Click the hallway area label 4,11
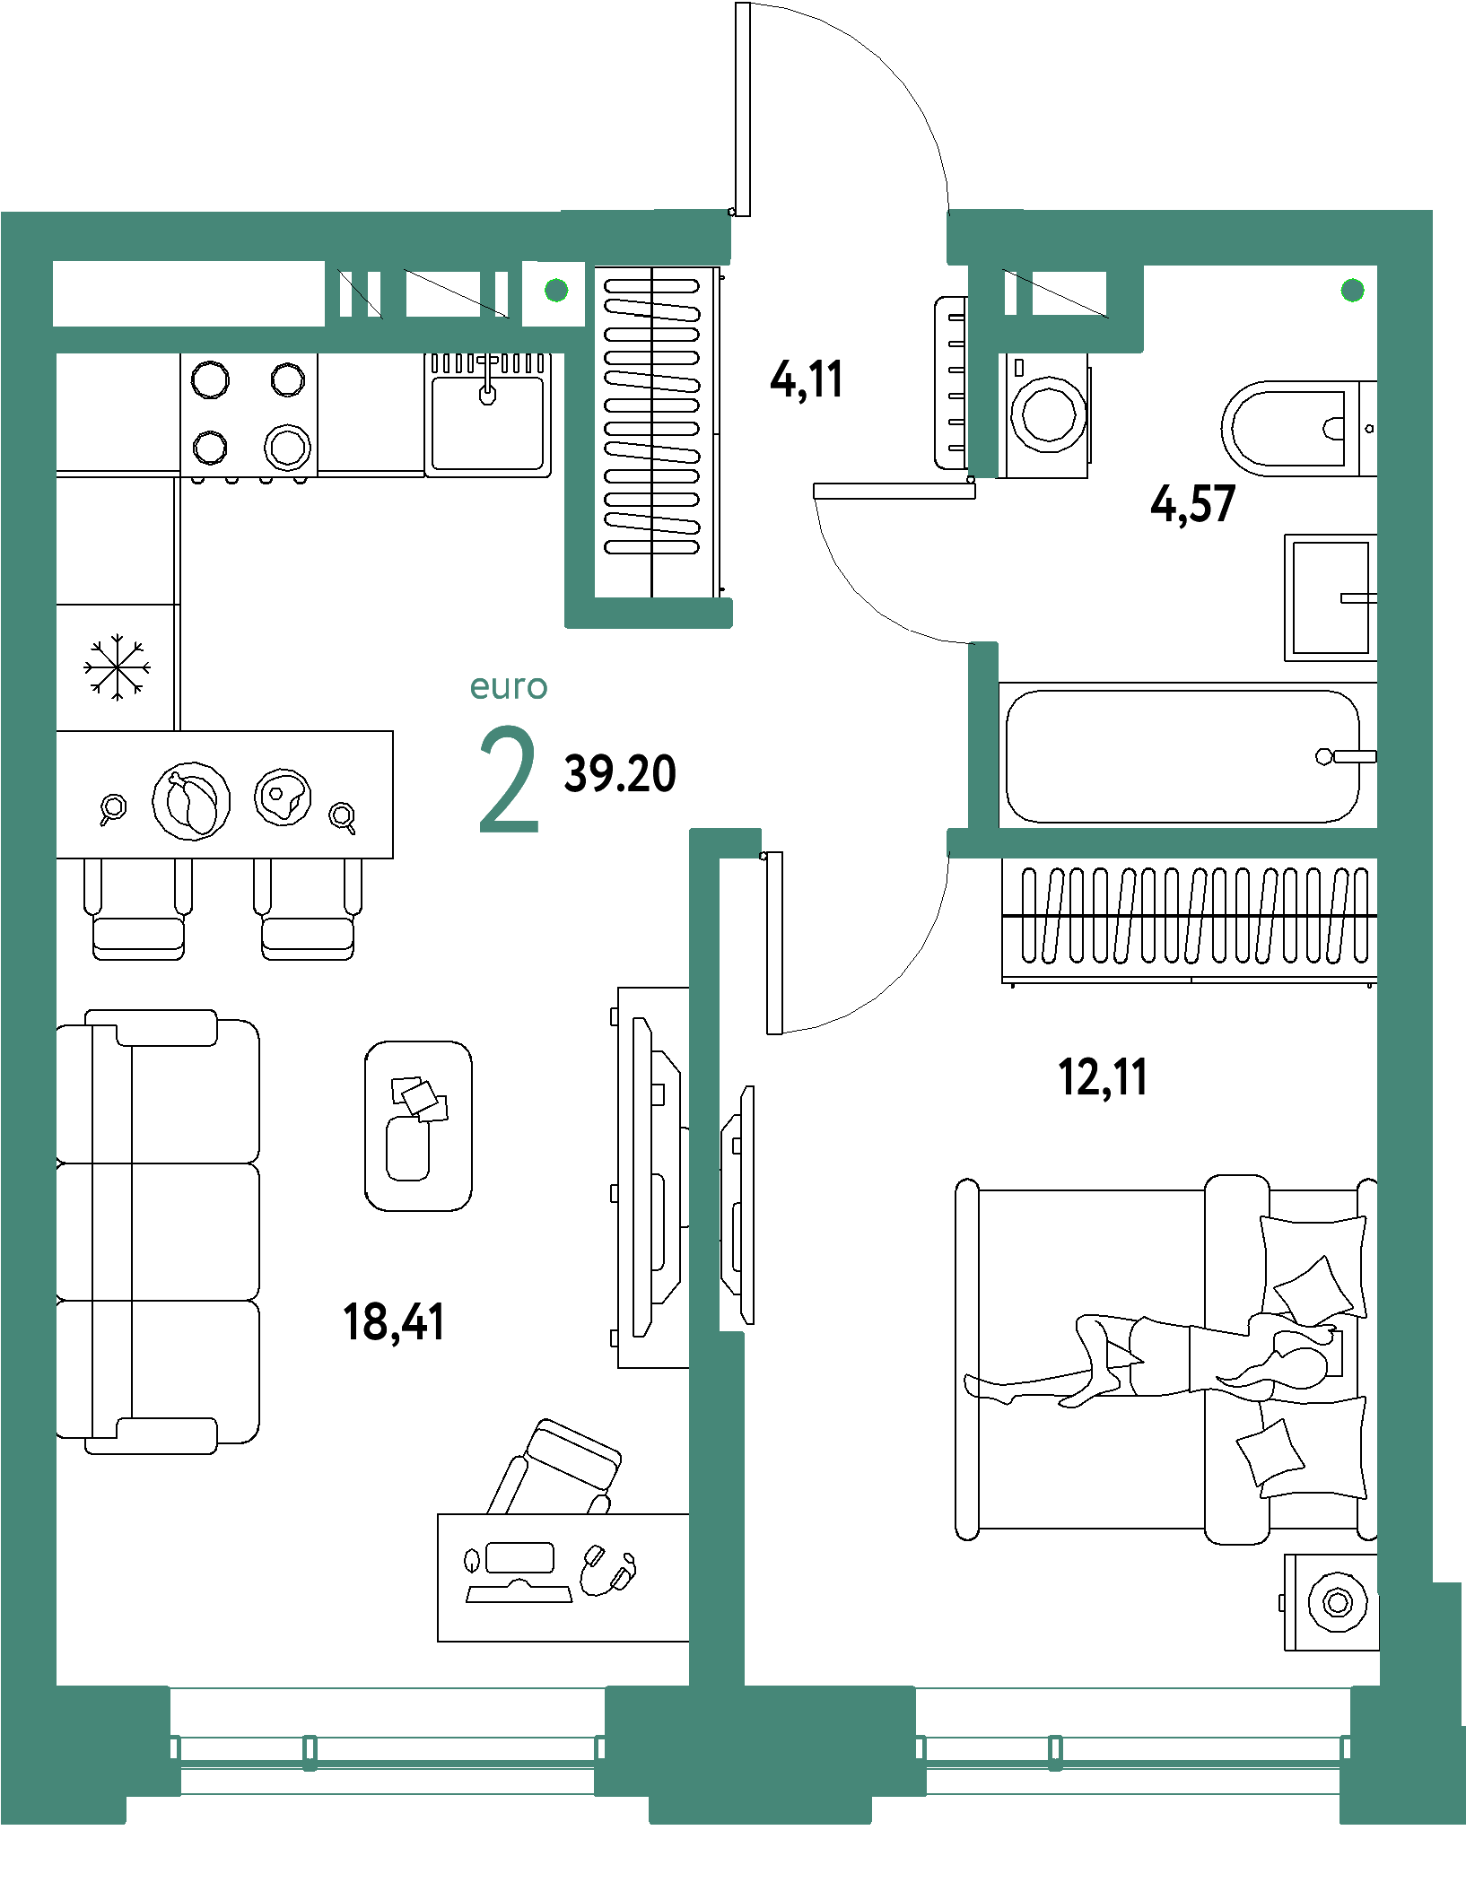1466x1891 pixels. pyautogui.click(x=807, y=379)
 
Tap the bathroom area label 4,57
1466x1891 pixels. pyautogui.click(x=1192, y=503)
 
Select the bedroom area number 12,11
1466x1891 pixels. pyautogui.click(x=1103, y=1076)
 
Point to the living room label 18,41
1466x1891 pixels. pyautogui.click(x=393, y=1322)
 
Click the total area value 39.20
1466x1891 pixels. pyautogui.click(x=620, y=773)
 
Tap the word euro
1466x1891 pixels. pyautogui.click(x=508, y=686)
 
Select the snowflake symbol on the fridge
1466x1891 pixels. pyautogui.click(x=117, y=667)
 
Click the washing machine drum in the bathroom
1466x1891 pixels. pyautogui.click(x=1048, y=414)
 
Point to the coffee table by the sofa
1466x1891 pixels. pyautogui.click(x=418, y=1126)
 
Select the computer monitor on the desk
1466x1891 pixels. pyautogui.click(x=519, y=1558)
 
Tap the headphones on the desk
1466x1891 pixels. pyautogui.click(x=606, y=1570)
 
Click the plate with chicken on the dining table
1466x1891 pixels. pyautogui.click(x=191, y=801)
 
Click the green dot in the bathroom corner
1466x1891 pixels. pyautogui.click(x=1352, y=290)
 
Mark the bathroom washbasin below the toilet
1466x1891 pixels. pyautogui.click(x=1330, y=597)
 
